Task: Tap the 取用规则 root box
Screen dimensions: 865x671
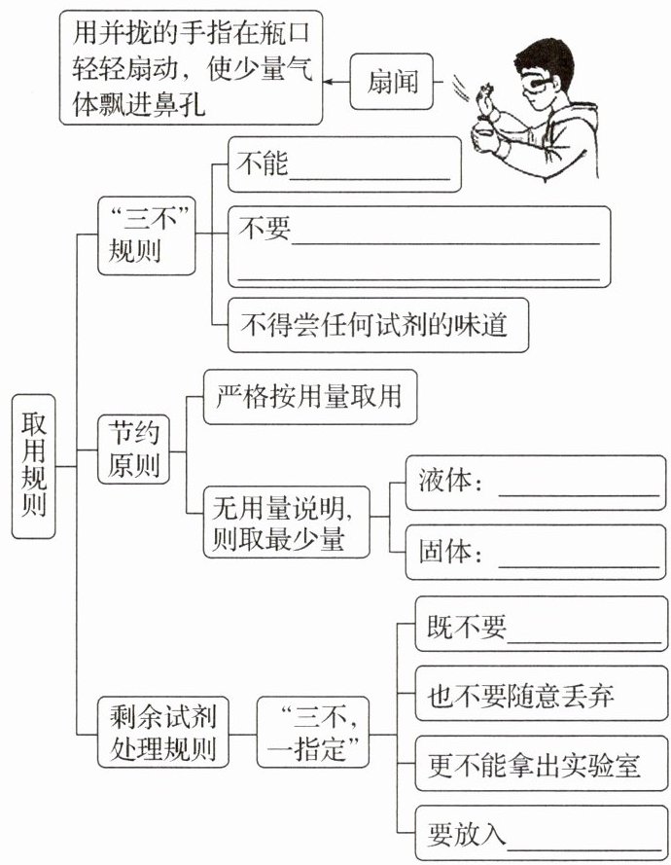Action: (x=35, y=466)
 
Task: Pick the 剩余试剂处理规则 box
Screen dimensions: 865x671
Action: (x=157, y=734)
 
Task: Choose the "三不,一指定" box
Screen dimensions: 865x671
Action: (x=312, y=734)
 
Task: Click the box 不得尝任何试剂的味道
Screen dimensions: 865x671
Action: (x=379, y=325)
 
